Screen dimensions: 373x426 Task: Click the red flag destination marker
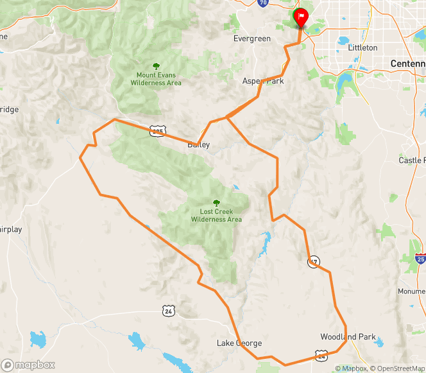click(x=300, y=16)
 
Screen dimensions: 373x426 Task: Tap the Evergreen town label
click(x=252, y=39)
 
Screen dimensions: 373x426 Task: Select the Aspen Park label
click(x=263, y=82)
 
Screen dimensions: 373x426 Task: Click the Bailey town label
click(x=198, y=145)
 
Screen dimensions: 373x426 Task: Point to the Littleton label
click(x=362, y=48)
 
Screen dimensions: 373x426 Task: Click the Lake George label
click(x=239, y=343)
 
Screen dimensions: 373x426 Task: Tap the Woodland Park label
click(x=348, y=337)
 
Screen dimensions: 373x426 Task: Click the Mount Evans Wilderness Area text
click(x=156, y=79)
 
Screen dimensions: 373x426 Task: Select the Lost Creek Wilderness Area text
click(x=216, y=215)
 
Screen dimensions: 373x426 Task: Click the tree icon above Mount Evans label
click(x=156, y=65)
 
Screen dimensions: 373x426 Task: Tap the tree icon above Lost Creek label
click(x=216, y=202)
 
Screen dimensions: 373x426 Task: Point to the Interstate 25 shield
click(x=420, y=259)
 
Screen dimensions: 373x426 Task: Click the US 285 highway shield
click(x=158, y=131)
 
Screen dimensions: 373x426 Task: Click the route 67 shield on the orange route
click(x=313, y=261)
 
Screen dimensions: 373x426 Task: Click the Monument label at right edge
click(x=412, y=291)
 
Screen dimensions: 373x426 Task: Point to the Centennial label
click(x=408, y=64)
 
